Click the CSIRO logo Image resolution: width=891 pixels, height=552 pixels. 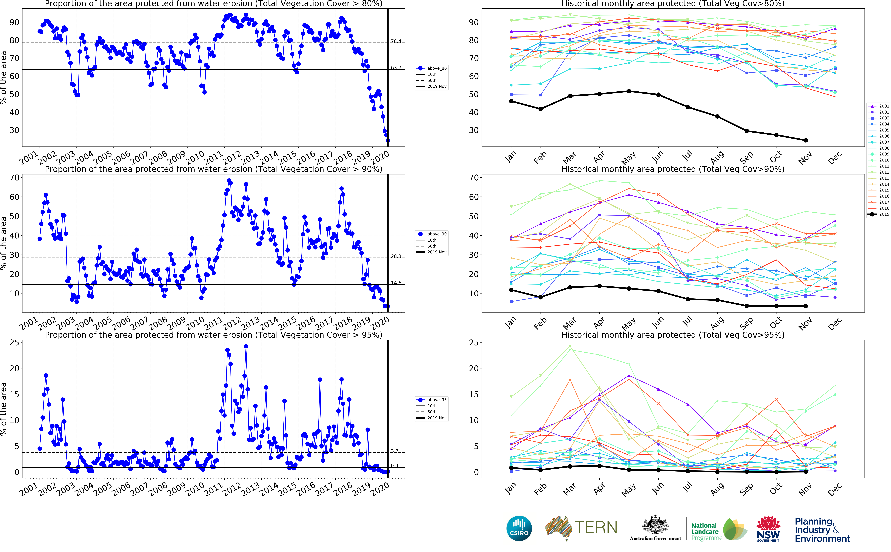(519, 528)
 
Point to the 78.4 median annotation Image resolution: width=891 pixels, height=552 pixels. (396, 41)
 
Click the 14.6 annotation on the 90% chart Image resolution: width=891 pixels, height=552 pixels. (396, 283)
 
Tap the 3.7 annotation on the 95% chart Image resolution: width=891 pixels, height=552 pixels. (394, 451)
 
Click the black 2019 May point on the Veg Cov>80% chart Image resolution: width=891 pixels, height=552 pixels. (629, 91)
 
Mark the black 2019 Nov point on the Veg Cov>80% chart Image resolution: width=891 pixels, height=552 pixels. (806, 140)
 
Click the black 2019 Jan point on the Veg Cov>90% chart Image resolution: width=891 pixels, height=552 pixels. (511, 290)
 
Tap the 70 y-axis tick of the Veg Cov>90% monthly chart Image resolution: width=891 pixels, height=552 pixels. (474, 178)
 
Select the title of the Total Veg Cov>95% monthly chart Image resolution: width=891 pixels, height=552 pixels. (673, 335)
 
